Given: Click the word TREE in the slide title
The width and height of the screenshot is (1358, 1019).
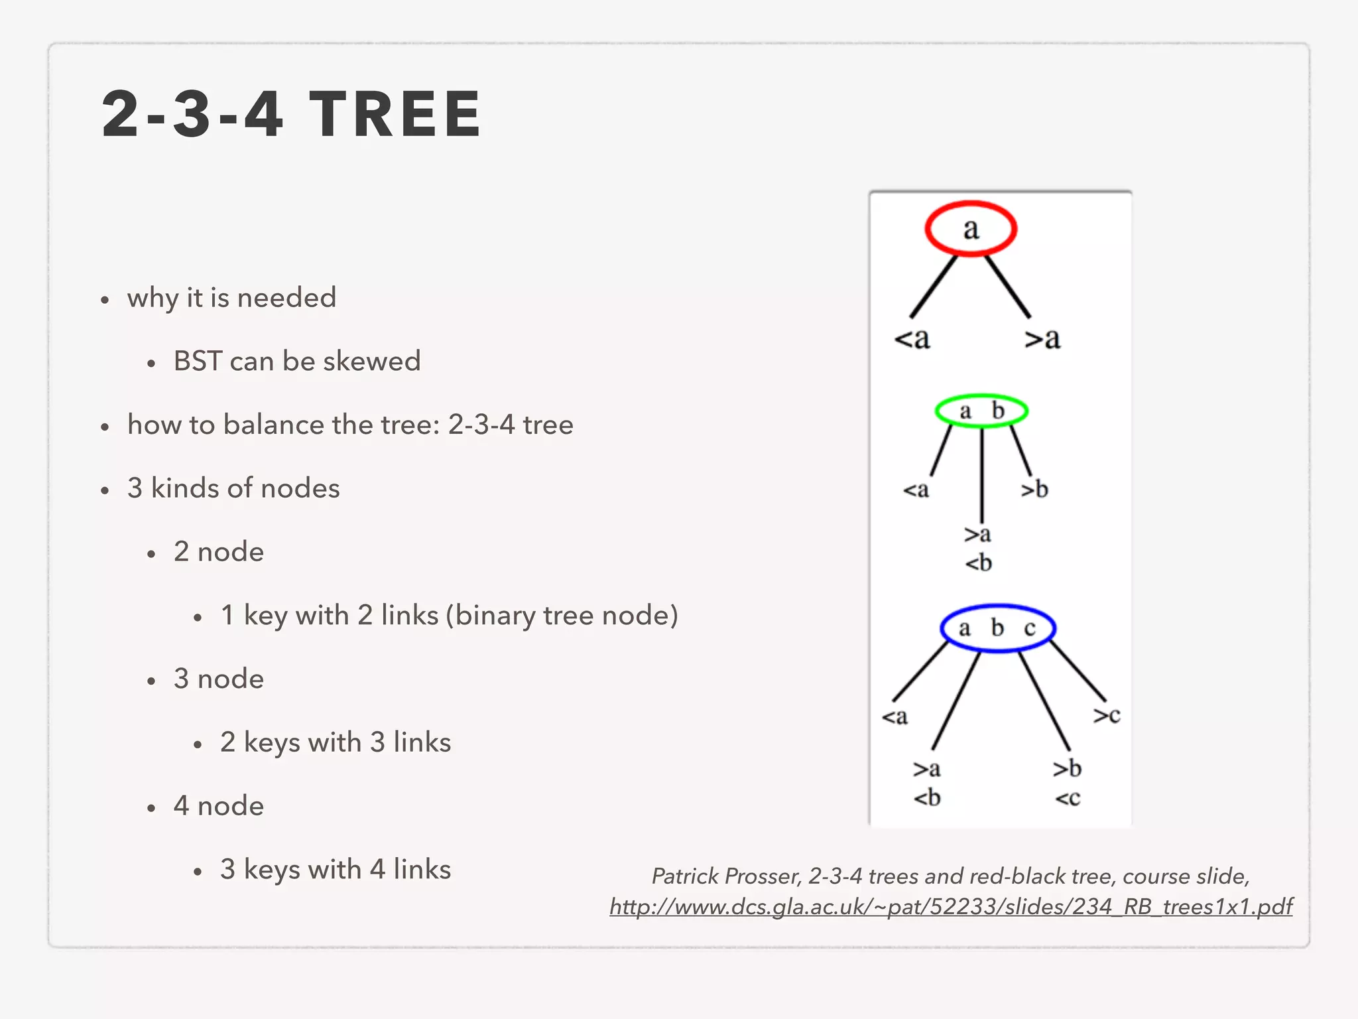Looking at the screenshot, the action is [396, 115].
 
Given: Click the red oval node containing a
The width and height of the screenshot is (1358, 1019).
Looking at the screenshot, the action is [971, 229].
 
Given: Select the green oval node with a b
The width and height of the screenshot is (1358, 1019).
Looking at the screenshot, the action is [981, 411].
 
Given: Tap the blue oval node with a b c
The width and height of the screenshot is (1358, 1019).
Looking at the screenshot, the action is [997, 628].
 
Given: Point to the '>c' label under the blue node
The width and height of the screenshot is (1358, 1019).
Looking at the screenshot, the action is [1107, 715].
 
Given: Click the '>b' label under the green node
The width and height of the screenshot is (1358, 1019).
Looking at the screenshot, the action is [1034, 490].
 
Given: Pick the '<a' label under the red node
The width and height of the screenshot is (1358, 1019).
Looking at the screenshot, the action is [912, 339].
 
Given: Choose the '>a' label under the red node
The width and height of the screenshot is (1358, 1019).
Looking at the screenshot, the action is [1042, 339].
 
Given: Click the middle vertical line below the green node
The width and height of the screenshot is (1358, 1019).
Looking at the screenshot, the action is [982, 474].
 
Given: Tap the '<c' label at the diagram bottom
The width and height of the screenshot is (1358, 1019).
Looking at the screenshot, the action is [1068, 797].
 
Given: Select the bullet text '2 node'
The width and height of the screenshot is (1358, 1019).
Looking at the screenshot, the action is [219, 552].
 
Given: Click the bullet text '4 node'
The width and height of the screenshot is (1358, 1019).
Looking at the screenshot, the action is [219, 806].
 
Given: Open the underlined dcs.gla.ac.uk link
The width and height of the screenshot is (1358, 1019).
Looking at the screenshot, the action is [951, 906].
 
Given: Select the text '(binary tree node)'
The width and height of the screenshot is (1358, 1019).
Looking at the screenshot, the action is [562, 616].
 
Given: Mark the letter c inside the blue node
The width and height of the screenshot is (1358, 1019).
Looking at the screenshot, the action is [1030, 628].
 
